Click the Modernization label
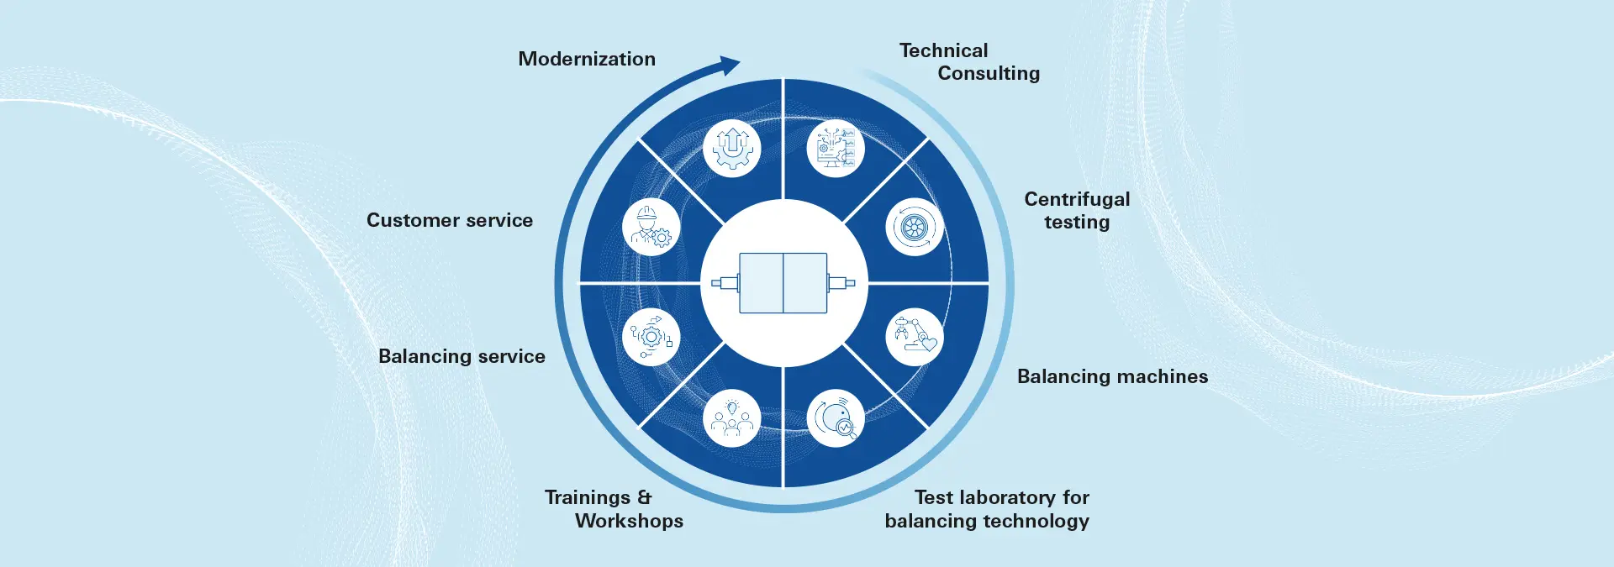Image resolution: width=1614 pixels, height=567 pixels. click(x=587, y=59)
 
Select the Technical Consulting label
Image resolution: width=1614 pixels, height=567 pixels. click(x=969, y=62)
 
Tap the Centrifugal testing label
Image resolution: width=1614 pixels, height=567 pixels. click(x=1077, y=210)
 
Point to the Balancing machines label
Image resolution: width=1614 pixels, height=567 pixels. click(x=1112, y=376)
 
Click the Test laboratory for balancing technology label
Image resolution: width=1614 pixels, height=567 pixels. click(x=987, y=509)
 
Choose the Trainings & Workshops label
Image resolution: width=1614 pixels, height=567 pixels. click(x=614, y=509)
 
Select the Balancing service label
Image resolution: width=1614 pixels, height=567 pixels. click(x=462, y=356)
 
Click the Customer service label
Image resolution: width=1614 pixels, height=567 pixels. click(x=450, y=220)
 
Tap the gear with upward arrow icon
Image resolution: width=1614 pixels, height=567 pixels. click(x=731, y=148)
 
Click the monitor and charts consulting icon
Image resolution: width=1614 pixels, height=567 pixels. click(x=836, y=148)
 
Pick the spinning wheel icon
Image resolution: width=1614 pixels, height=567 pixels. click(x=915, y=227)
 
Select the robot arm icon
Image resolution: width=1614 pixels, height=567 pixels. click(x=915, y=336)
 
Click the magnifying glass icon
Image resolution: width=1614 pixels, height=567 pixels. click(x=836, y=418)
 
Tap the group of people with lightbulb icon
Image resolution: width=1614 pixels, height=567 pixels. click(x=731, y=418)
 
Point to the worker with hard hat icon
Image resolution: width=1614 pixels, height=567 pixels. click(x=651, y=227)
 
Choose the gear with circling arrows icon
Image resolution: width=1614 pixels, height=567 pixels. click(x=651, y=337)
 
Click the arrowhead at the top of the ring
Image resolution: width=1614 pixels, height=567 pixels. click(x=728, y=66)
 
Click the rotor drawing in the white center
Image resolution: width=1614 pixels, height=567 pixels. click(x=783, y=283)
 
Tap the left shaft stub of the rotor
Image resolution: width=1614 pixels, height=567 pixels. click(x=725, y=283)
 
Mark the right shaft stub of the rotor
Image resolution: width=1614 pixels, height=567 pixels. click(x=841, y=283)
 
